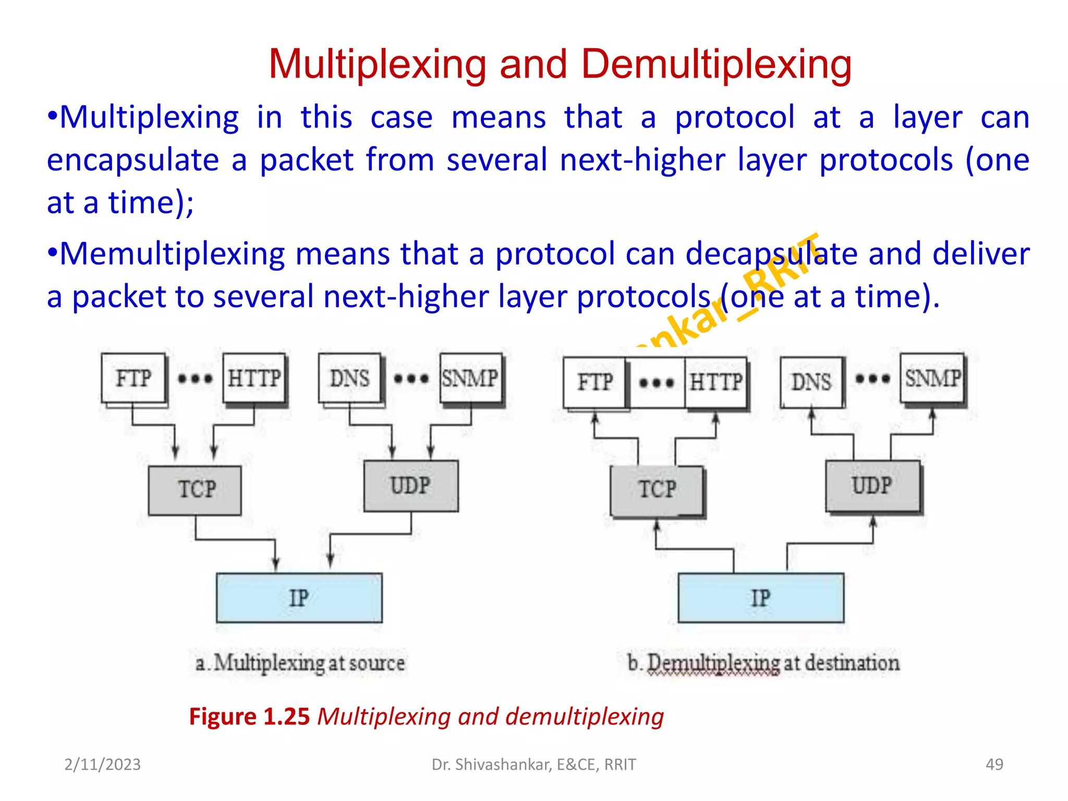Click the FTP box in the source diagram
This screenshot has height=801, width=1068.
point(133,378)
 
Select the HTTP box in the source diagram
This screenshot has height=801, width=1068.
point(254,378)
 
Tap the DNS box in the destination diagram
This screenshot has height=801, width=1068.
point(811,382)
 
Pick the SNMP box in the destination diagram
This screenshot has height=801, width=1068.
point(932,378)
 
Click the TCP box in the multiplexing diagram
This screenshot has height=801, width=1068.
point(195,490)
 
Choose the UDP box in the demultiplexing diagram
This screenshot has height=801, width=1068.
point(872,486)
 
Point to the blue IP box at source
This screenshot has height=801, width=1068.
point(299,598)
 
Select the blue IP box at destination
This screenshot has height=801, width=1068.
point(760,598)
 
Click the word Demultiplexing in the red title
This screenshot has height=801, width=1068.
point(716,64)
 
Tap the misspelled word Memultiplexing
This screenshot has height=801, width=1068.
point(172,254)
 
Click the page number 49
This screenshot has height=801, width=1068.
point(994,764)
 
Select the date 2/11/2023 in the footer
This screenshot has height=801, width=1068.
point(102,764)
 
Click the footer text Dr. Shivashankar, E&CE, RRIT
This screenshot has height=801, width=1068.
point(533,764)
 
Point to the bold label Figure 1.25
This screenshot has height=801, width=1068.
point(249,717)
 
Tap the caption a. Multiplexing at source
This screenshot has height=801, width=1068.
point(300,663)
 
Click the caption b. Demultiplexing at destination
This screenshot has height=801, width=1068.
point(763,663)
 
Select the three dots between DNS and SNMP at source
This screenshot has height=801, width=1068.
point(411,379)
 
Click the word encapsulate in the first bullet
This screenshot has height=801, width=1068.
point(132,160)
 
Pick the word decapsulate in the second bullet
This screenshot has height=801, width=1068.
point(771,254)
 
